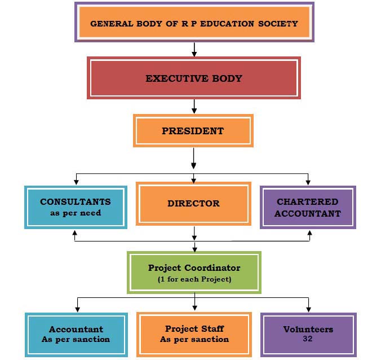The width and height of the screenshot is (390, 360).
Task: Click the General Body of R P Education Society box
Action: pos(194,23)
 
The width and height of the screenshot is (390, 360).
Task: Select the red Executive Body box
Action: pos(193,78)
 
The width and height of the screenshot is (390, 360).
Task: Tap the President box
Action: pos(193,131)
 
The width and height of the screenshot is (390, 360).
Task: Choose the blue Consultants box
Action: pos(75,207)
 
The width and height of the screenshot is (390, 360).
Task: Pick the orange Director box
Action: pos(193,204)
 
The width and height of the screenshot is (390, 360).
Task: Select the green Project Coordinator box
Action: pos(194,273)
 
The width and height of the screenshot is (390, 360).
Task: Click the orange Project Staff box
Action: pos(194,333)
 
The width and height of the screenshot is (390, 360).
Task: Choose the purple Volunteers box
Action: pos(308,333)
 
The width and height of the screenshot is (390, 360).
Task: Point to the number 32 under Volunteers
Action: pos(308,339)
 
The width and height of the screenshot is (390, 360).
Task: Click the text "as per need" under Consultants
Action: pos(75,213)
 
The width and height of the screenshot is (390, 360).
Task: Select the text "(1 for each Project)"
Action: pos(194,279)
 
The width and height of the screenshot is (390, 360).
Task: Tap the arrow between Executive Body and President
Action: pos(194,106)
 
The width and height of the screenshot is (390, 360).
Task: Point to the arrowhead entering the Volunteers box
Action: pos(308,308)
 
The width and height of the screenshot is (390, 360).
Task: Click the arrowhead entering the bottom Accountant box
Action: pos(77,308)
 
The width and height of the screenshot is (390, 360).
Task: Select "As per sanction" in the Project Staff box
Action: pos(194,339)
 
